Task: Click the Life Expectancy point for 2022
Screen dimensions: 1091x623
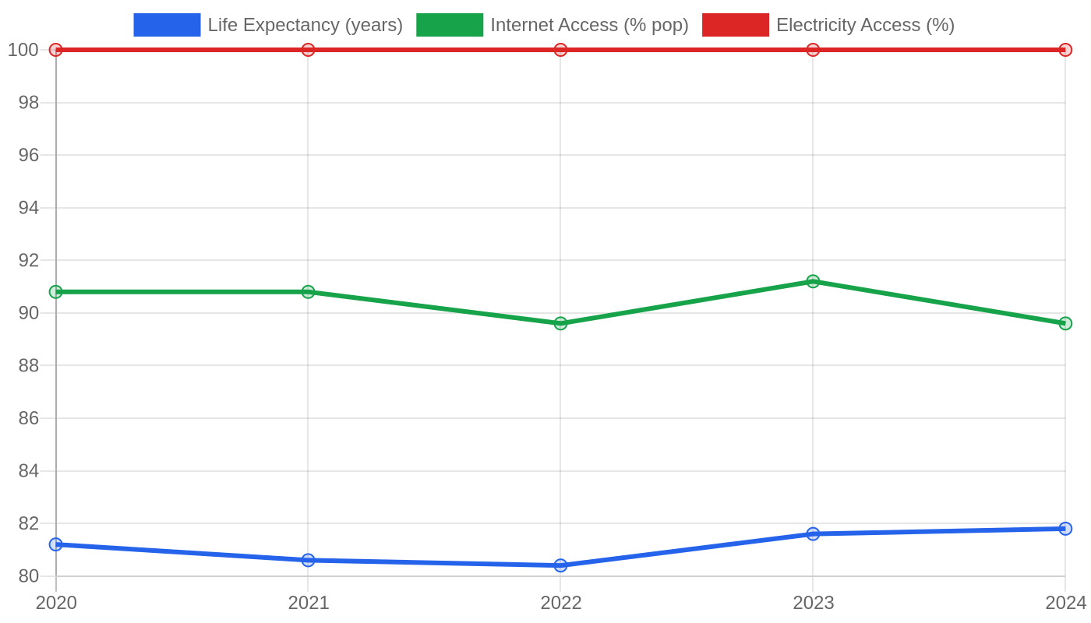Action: coord(560,565)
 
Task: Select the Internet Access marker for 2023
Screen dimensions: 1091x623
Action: coord(813,281)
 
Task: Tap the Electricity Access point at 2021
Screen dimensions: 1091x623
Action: coord(308,50)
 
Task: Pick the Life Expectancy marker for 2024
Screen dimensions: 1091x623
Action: coord(1065,529)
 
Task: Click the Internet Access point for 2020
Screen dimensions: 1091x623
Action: coord(56,292)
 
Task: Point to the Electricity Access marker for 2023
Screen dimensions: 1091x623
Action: coord(813,50)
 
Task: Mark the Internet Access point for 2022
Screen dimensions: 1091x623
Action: coord(560,323)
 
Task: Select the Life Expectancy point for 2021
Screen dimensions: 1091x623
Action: coord(308,560)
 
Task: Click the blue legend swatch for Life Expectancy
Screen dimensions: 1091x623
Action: coord(167,25)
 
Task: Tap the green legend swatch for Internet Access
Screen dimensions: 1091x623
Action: coord(450,25)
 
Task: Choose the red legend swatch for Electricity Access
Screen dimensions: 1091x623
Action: coord(736,25)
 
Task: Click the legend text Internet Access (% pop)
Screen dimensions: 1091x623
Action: coord(589,25)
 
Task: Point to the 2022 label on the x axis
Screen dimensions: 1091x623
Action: coord(560,603)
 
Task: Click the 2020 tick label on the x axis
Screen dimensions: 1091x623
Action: coord(56,603)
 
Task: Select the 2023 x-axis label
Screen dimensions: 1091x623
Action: coord(813,603)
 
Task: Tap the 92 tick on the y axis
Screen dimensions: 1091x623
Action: coord(29,260)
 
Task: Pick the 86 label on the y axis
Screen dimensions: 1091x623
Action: coord(29,418)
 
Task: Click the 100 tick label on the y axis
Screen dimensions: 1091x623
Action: coord(23,50)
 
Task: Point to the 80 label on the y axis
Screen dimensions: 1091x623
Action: coord(29,576)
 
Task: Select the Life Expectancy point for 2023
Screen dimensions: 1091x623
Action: coord(813,534)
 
